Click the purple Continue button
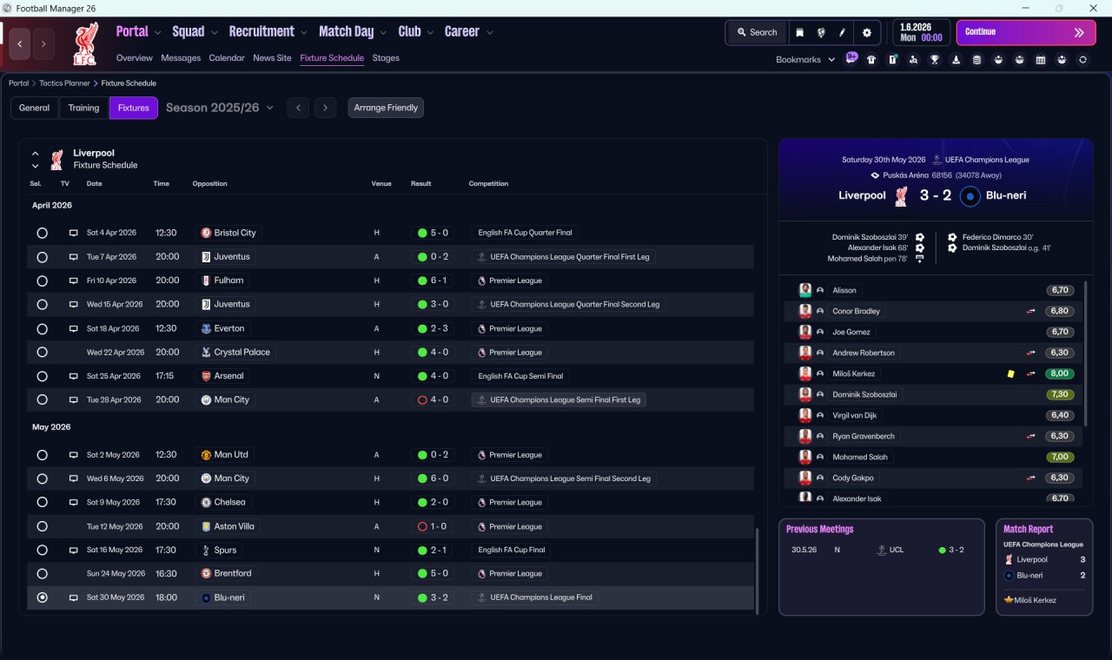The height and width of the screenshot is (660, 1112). (x=1025, y=32)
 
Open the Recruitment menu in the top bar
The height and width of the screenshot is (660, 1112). (x=262, y=32)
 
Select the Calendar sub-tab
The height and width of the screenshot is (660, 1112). (x=227, y=58)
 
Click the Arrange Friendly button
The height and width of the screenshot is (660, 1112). (x=386, y=108)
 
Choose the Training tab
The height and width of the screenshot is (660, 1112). (x=83, y=108)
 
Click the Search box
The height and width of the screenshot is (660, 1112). (x=757, y=32)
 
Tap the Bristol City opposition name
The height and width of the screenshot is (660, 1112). (x=235, y=233)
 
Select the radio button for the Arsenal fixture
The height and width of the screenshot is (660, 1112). (x=42, y=376)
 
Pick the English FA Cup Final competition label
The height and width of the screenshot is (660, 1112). (x=512, y=550)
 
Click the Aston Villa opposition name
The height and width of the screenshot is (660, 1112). (x=234, y=526)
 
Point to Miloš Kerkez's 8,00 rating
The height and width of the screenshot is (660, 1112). (x=1060, y=373)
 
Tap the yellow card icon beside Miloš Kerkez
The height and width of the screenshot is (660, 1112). (x=1010, y=373)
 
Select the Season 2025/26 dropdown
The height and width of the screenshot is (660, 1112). (x=220, y=108)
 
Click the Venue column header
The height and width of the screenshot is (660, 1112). (x=381, y=184)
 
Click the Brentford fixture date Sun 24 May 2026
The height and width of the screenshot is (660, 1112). (x=116, y=573)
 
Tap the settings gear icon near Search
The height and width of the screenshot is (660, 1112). (x=866, y=32)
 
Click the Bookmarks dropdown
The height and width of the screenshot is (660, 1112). (x=804, y=60)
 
